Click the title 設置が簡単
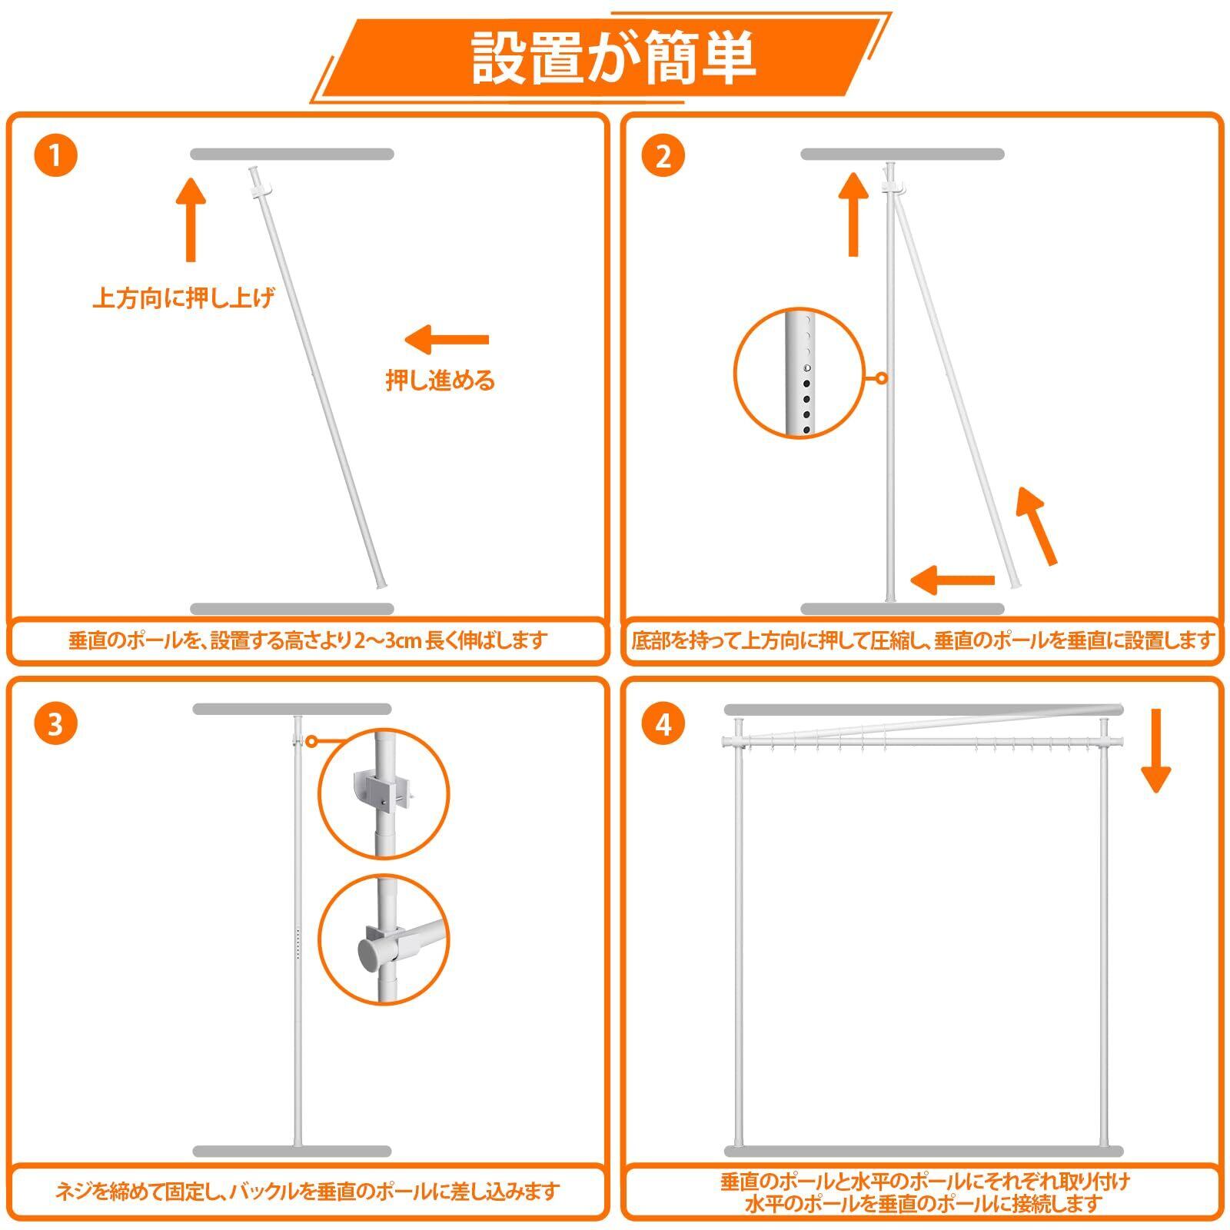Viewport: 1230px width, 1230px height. pos(613,58)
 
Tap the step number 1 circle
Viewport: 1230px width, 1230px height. pos(55,156)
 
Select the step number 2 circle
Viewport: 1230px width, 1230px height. pos(663,156)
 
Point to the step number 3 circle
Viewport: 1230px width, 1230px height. pos(55,723)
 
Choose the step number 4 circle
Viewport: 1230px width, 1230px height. pos(663,723)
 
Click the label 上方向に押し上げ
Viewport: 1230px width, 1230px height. pos(183,298)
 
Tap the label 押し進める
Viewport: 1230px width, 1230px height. pos(440,380)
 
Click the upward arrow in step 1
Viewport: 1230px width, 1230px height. pos(191,219)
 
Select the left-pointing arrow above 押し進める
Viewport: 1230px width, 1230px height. pos(447,339)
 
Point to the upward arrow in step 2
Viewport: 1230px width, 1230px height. pos(853,214)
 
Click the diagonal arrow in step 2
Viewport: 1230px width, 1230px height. pos(1037,527)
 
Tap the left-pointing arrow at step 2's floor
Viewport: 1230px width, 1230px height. pos(952,579)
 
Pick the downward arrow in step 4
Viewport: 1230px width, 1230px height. pos(1155,750)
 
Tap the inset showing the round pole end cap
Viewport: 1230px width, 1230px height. pos(384,939)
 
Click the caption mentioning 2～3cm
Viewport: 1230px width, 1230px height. pos(307,640)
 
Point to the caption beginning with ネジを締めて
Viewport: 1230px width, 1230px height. pos(307,1192)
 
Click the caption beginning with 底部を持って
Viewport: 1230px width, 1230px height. pos(922,640)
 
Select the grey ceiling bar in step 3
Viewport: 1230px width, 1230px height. pos(292,709)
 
